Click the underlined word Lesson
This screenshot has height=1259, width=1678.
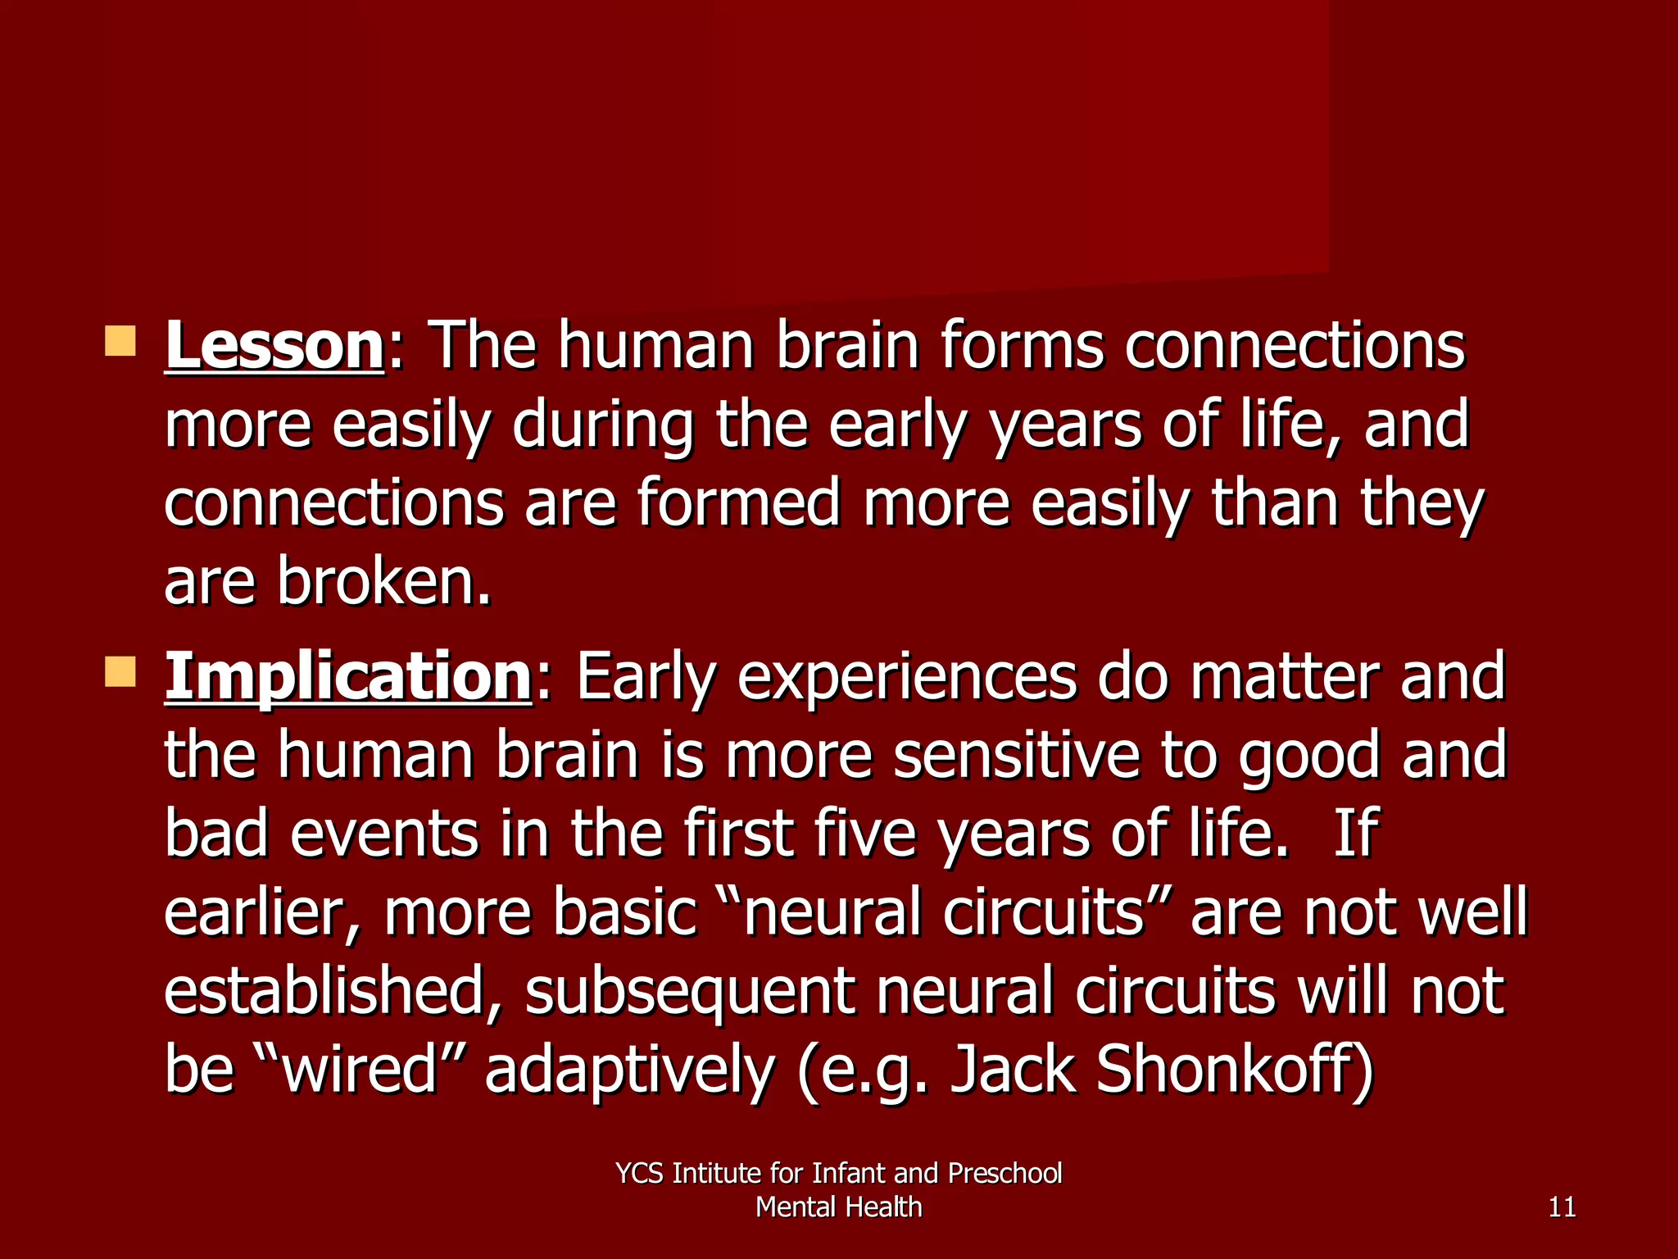[274, 346]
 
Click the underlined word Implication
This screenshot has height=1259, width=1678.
[348, 677]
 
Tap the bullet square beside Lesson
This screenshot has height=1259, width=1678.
[120, 340]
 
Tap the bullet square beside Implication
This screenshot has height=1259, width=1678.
[120, 671]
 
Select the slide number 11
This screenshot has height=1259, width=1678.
[1562, 1207]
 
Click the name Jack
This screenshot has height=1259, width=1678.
[1012, 1070]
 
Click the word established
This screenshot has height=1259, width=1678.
[332, 992]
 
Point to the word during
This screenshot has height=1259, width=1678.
[602, 426]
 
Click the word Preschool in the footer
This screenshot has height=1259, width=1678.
[1005, 1174]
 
